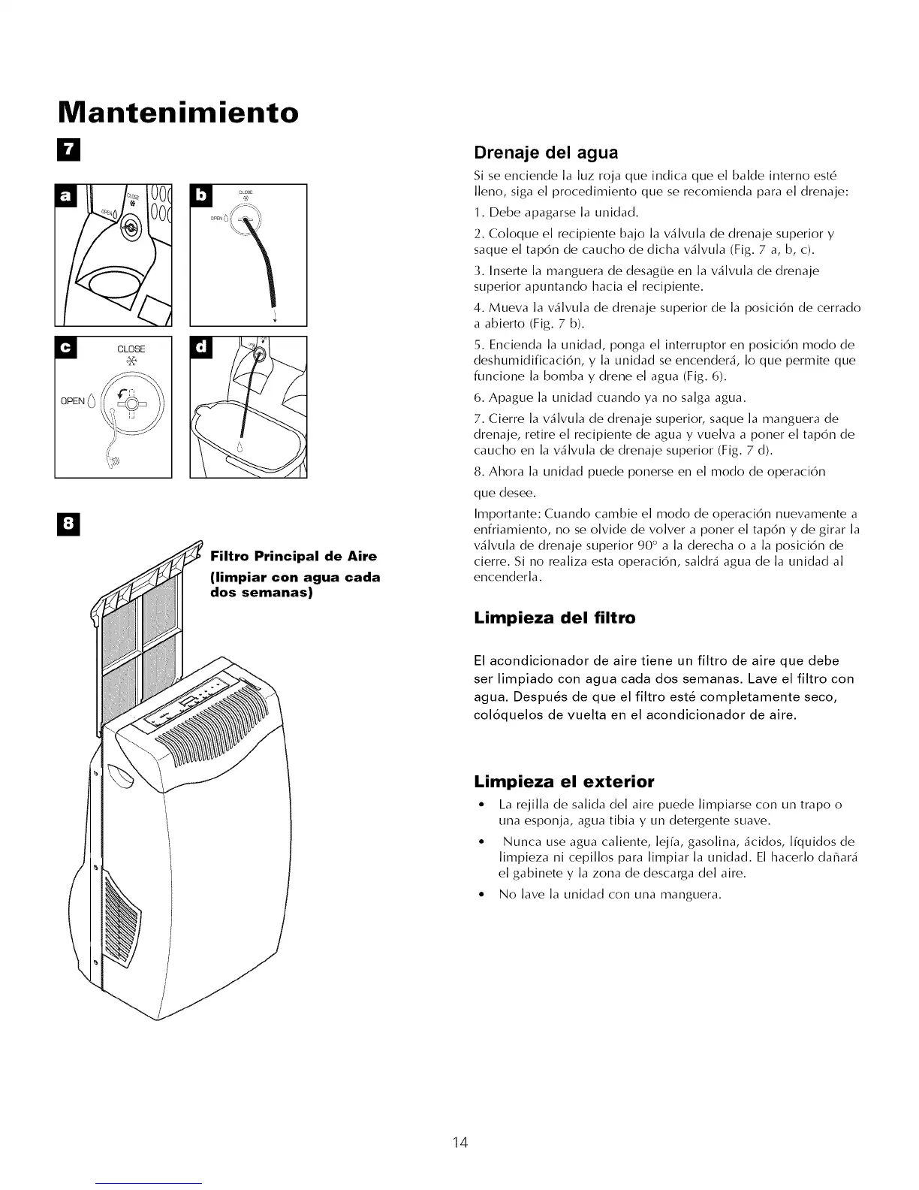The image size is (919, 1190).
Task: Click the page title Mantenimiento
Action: tap(178, 113)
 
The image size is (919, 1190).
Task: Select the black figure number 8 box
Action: tap(68, 524)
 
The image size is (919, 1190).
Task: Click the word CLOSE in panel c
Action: tap(131, 349)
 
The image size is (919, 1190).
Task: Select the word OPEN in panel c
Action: tap(73, 400)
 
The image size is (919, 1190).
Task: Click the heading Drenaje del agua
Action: tap(546, 153)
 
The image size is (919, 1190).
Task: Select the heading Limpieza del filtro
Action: tap(554, 618)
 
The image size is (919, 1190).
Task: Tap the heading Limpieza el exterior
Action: tap(564, 780)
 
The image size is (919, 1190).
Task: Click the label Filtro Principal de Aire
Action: tap(294, 557)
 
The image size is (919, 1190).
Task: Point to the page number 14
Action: tap(459, 1143)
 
